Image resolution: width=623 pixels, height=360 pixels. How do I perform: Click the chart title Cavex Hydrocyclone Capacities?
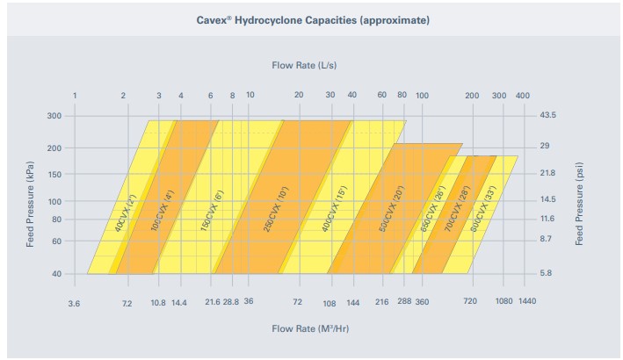click(x=313, y=19)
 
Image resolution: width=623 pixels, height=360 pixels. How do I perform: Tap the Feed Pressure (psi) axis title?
click(x=579, y=202)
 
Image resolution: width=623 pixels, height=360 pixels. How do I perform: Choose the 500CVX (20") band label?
click(x=388, y=209)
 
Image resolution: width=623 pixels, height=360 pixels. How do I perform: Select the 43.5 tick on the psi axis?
click(x=548, y=115)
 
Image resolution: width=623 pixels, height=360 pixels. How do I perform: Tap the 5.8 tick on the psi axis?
click(x=546, y=274)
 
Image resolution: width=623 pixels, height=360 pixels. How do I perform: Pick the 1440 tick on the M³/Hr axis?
click(x=527, y=302)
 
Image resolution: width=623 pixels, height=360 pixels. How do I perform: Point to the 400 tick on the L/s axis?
click(x=524, y=95)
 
